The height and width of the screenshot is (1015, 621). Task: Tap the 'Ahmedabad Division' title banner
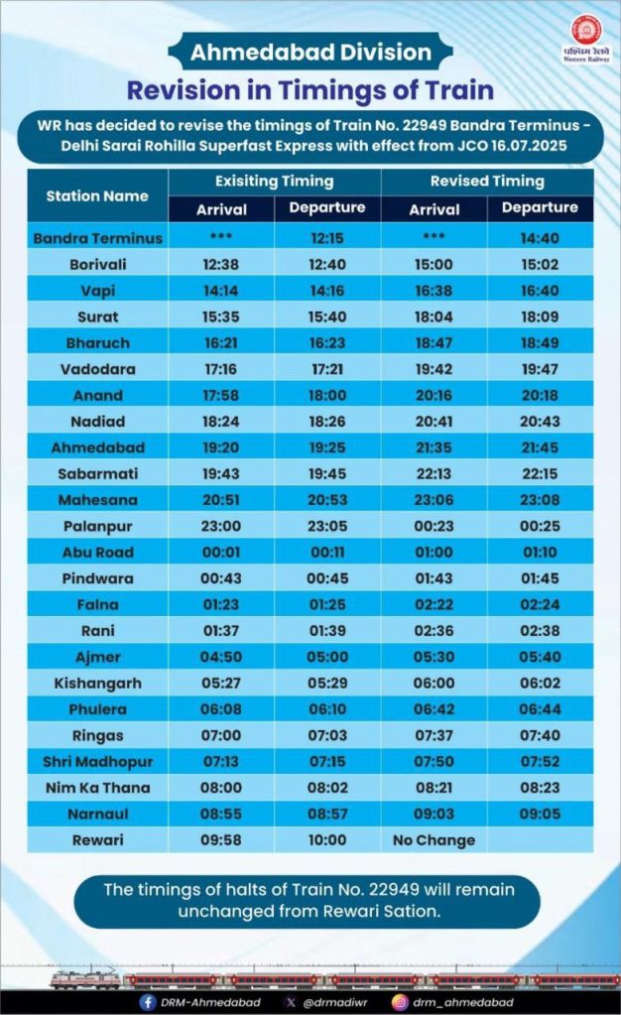pyautogui.click(x=311, y=53)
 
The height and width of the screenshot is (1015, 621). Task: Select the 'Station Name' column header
pyautogui.click(x=97, y=195)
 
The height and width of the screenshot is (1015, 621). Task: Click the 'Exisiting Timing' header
pyautogui.click(x=274, y=182)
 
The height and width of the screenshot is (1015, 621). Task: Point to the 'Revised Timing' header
pyautogui.click(x=487, y=182)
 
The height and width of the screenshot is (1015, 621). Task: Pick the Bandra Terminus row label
pyautogui.click(x=97, y=238)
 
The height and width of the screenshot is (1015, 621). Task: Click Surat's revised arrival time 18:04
pyautogui.click(x=434, y=317)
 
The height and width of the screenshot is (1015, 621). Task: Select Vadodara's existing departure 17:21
pyautogui.click(x=327, y=369)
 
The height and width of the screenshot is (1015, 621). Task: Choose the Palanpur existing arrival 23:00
pyautogui.click(x=221, y=526)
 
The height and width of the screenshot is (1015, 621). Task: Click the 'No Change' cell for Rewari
pyautogui.click(x=434, y=840)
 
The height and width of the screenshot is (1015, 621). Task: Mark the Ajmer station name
pyautogui.click(x=97, y=657)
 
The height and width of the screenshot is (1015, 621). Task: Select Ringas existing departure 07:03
pyautogui.click(x=327, y=735)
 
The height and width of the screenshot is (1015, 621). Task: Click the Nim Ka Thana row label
pyautogui.click(x=97, y=788)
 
